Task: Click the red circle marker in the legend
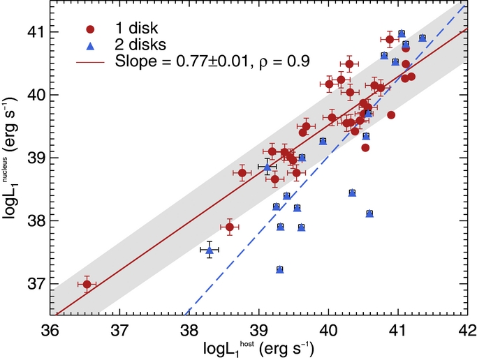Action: click(x=90, y=29)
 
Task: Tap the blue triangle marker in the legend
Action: click(x=90, y=46)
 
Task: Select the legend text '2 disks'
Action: click(x=140, y=45)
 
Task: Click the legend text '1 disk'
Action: click(x=136, y=28)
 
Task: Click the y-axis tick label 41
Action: click(x=36, y=32)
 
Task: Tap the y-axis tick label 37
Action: click(x=36, y=284)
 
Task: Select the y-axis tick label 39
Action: click(x=36, y=158)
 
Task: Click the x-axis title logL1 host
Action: click(x=258, y=349)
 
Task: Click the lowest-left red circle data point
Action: click(x=87, y=285)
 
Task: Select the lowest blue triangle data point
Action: click(x=280, y=269)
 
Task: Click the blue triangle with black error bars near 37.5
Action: click(x=210, y=250)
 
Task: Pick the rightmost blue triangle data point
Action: click(x=423, y=38)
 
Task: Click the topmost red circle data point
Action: click(x=390, y=40)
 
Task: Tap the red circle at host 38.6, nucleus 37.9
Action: click(x=230, y=227)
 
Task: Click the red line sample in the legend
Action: click(x=90, y=62)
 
